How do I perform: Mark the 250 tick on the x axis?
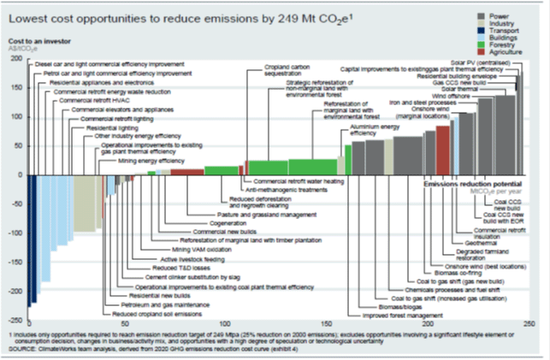(x=528, y=320)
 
